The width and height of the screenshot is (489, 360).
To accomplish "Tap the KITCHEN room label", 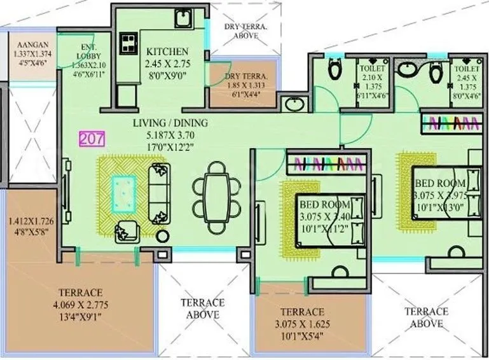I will pos(167,52).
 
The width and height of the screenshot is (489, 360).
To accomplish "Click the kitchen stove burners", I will pos(128,43).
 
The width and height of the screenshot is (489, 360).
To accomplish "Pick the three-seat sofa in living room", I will pos(157,191).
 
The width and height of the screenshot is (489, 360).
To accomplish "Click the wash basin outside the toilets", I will pos(294,104).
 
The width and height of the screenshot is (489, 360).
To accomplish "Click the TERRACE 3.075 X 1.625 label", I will pos(301,322).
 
